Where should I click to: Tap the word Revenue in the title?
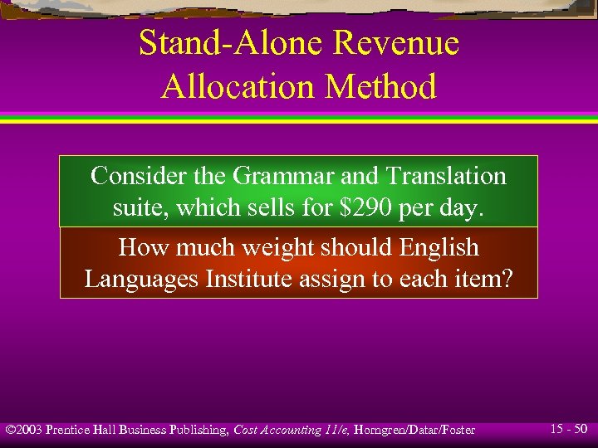(x=387, y=43)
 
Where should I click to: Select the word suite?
(x=136, y=207)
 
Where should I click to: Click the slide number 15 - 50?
(x=569, y=429)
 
